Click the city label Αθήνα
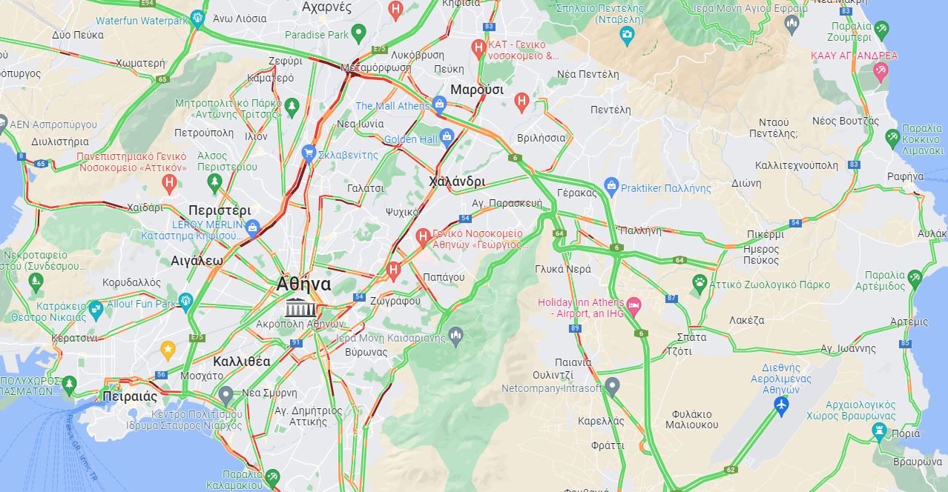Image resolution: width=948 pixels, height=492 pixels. point(303,284)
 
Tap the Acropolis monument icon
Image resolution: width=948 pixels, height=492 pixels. point(300,307)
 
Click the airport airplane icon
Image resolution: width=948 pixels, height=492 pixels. point(780,405)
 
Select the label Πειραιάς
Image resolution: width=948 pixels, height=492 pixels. point(130,396)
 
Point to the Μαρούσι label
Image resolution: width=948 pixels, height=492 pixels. point(477,90)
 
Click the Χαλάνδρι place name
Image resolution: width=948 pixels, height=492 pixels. point(457,182)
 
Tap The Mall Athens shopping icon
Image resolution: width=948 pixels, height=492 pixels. point(440,104)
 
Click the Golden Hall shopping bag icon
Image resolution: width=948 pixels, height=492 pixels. point(447,136)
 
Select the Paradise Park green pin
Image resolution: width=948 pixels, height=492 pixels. point(358,32)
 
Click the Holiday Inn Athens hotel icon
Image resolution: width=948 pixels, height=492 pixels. point(633,305)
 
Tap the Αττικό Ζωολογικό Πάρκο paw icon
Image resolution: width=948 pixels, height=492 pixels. point(700,282)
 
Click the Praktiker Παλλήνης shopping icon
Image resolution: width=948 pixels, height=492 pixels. point(611,185)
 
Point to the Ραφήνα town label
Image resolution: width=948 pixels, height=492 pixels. point(905,176)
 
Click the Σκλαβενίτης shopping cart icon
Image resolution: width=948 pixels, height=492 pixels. point(309,153)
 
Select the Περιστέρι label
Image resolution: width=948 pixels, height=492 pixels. point(220,210)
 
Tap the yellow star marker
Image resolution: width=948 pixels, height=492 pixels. point(168,348)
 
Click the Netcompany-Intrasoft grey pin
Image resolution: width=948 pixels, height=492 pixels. point(612,385)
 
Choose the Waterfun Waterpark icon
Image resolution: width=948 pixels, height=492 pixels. point(197,18)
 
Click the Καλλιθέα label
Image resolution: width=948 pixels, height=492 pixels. point(241,362)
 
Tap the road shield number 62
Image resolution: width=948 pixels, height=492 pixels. point(731,469)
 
